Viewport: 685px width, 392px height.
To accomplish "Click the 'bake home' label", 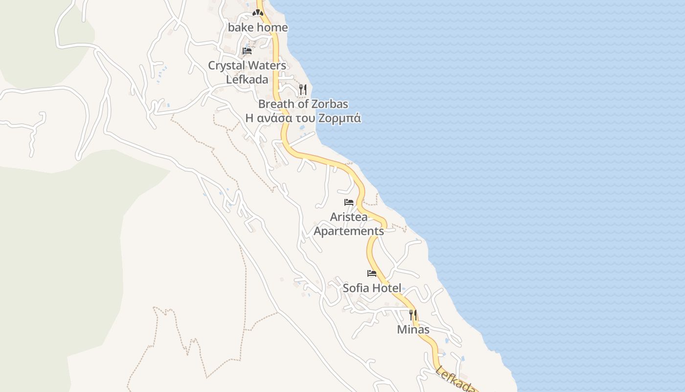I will [x=258, y=28].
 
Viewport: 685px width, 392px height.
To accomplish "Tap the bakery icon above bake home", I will [x=258, y=13].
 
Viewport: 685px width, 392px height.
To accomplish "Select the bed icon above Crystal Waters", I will [x=247, y=51].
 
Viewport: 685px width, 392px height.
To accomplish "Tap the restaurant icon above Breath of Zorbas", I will [x=303, y=89].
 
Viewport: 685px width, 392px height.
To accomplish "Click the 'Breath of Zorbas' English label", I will [x=303, y=104].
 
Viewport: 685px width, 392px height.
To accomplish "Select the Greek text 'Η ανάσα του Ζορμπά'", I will [x=303, y=118].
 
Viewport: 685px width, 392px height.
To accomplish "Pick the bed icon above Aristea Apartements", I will [x=349, y=202].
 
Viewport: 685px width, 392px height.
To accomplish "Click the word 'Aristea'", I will [x=349, y=217].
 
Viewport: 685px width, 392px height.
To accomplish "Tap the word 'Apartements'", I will [x=349, y=231].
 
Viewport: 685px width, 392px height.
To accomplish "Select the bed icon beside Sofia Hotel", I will [x=372, y=273].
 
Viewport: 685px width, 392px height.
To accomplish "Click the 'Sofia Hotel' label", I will [x=372, y=288].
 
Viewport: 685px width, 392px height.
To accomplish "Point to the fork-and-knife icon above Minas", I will [x=413, y=315].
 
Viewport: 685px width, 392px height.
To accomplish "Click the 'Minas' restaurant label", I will [x=413, y=329].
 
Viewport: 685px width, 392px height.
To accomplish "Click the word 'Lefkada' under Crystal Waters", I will [x=247, y=79].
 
